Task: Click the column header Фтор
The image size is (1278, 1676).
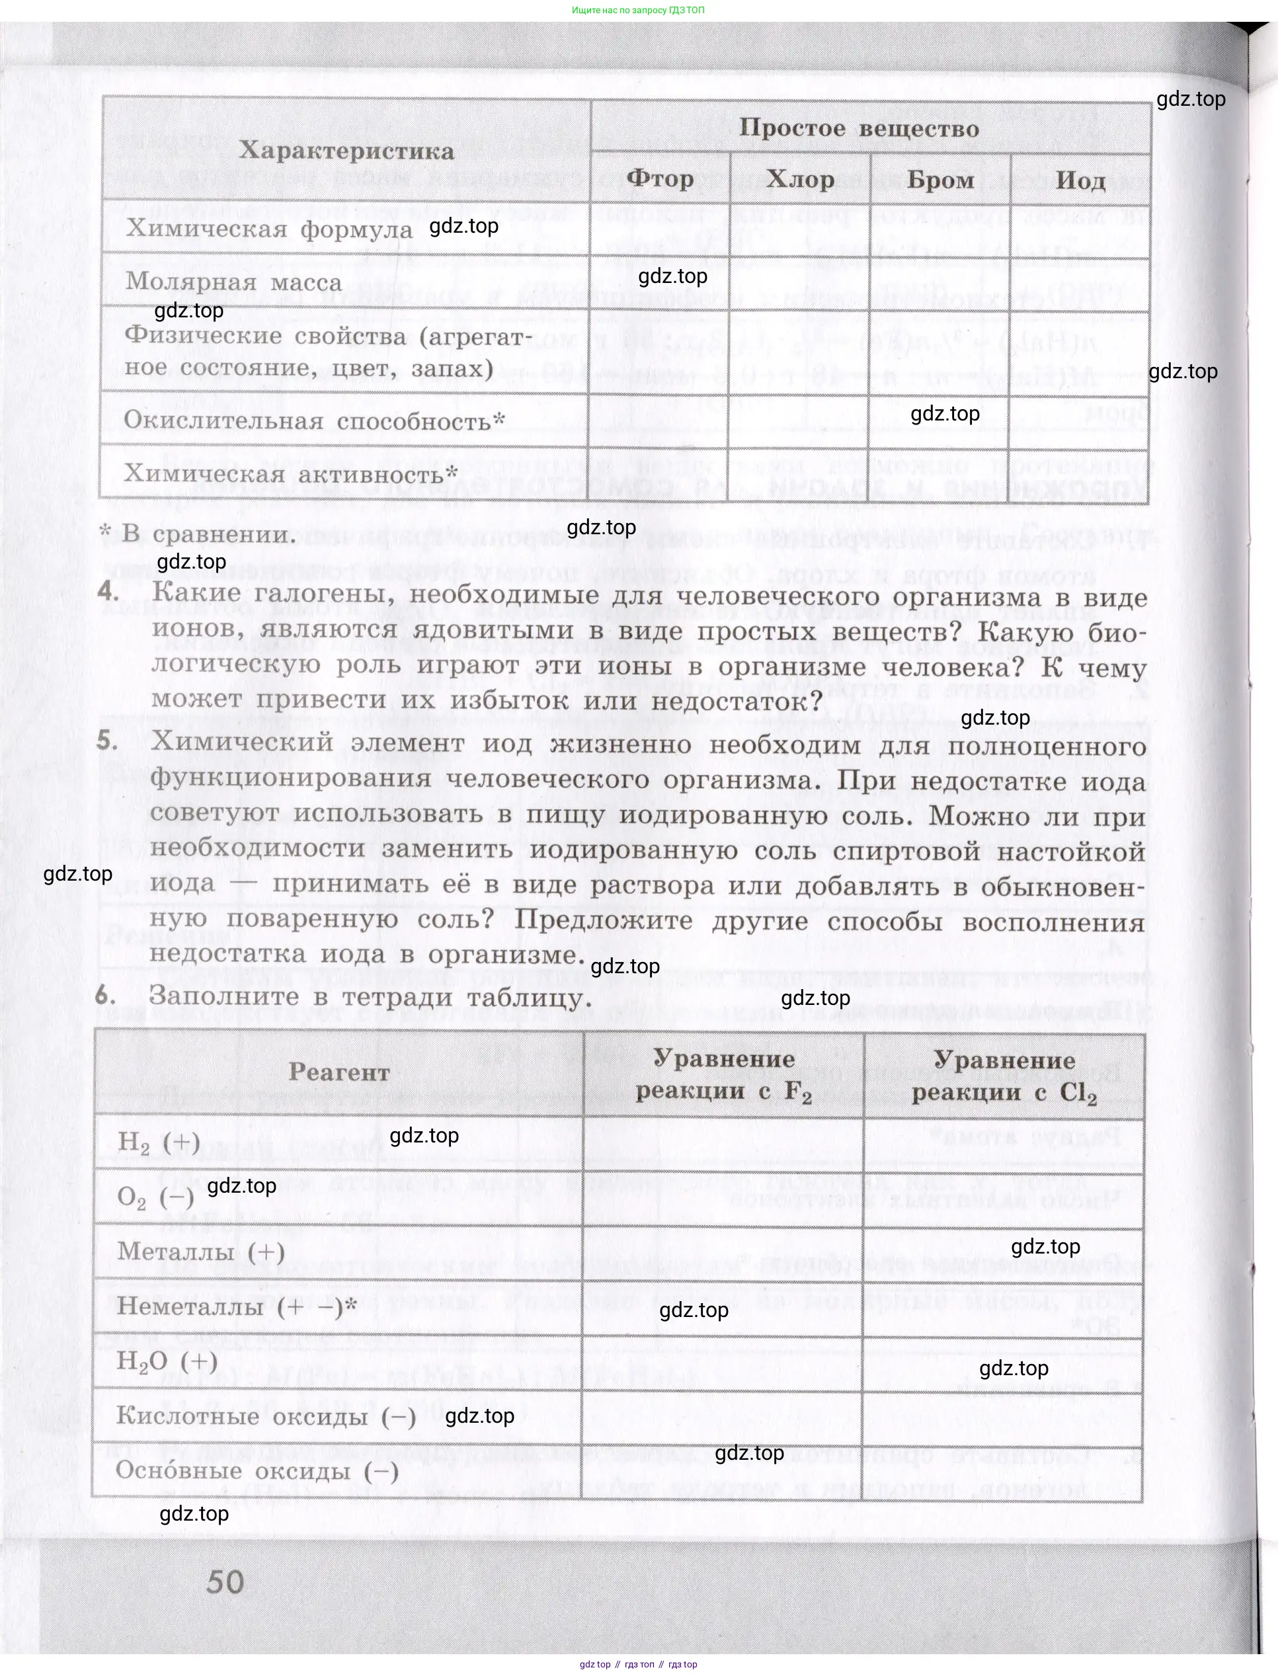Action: click(x=660, y=179)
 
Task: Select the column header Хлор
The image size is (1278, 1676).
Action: click(x=799, y=180)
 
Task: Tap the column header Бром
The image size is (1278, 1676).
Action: click(x=940, y=180)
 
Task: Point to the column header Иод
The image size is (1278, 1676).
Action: click(x=1080, y=181)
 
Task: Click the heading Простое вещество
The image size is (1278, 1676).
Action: click(x=859, y=128)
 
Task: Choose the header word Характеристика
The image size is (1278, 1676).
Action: click(x=346, y=151)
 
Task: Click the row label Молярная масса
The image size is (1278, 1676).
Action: click(x=233, y=282)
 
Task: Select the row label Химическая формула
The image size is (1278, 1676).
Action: click(x=268, y=228)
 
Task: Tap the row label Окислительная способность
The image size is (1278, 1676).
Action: click(x=313, y=420)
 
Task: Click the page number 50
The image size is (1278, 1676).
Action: click(x=225, y=1581)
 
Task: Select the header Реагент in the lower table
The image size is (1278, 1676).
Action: click(x=339, y=1072)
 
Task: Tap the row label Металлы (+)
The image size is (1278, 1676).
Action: click(x=201, y=1252)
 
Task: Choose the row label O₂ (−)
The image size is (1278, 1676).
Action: click(x=155, y=1197)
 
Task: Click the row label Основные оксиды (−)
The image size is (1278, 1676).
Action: click(x=257, y=1470)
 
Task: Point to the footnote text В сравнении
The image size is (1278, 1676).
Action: click(x=208, y=534)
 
